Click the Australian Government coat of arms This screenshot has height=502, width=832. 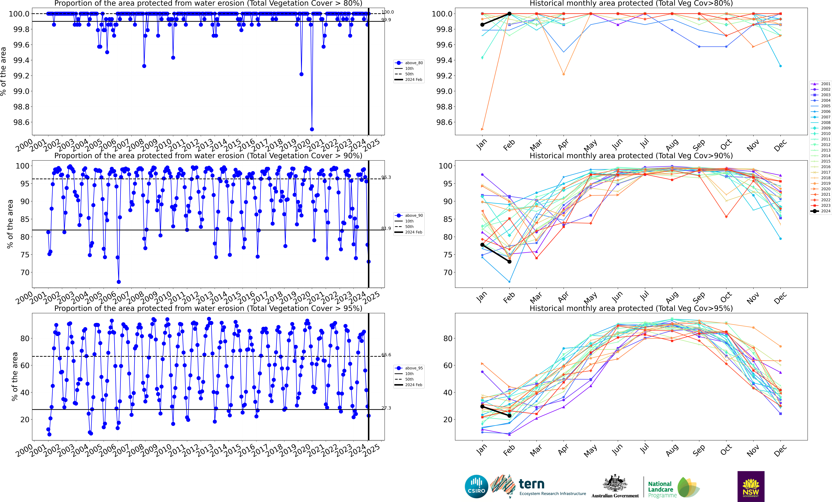pos(615,483)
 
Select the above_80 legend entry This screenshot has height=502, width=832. pos(409,63)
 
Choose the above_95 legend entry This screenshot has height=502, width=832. pos(409,368)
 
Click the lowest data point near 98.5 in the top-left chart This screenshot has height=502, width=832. pos(312,129)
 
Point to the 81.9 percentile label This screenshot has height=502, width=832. pos(386,229)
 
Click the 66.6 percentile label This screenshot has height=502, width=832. pos(386,355)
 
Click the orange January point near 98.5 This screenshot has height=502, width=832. pos(482,129)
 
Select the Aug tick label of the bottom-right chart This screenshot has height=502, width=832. pos(672,451)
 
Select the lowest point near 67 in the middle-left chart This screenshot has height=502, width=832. pos(119,282)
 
